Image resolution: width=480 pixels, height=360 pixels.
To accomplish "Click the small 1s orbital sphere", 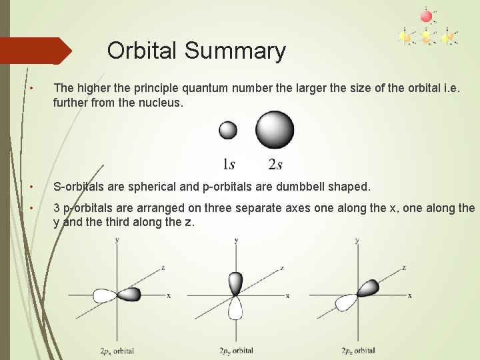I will coord(228,129).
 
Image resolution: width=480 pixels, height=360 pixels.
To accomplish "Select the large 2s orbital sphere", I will coord(275,129).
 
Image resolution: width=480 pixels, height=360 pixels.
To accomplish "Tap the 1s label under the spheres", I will coord(229,163).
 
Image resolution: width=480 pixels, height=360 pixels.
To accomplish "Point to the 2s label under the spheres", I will coord(276,163).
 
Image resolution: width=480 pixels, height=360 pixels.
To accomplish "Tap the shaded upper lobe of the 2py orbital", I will coord(235,283).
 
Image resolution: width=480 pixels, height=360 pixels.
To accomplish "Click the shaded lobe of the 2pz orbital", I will coord(367,287).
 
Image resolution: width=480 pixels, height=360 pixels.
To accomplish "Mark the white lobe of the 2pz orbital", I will coord(347,303).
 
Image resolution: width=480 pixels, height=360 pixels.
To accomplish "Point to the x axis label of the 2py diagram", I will coord(287,295).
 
